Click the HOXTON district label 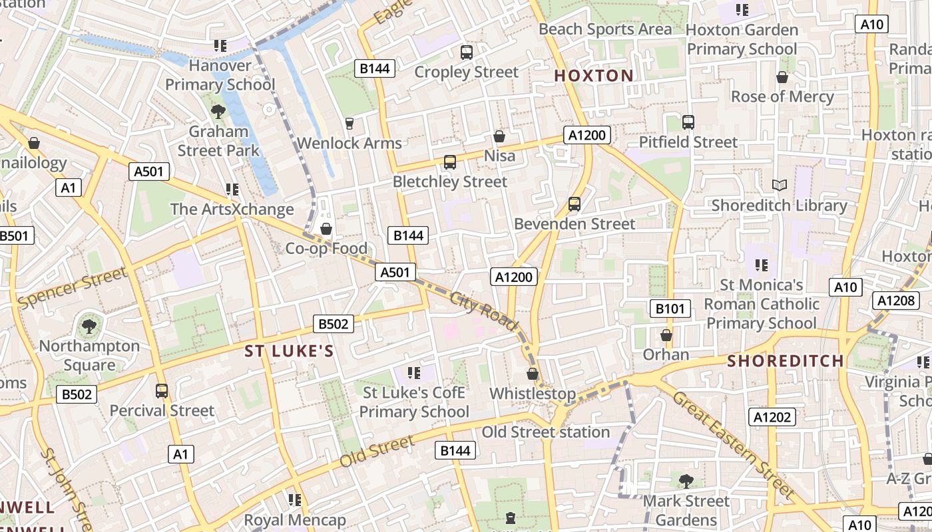coord(594,76)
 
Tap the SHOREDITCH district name coord(786,361)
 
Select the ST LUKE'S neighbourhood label coord(289,351)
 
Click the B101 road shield coord(670,308)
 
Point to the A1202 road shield coord(772,417)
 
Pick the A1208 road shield coord(896,301)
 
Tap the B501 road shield coord(15,235)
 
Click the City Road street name coord(484,310)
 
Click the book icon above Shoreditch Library coord(779,185)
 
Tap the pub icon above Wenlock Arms coord(349,123)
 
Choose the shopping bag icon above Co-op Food coord(326,229)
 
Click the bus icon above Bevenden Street coord(575,204)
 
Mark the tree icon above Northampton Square coord(89,327)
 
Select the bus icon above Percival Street coord(162,391)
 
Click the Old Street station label coord(545,432)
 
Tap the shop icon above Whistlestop coord(533,374)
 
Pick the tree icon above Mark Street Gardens coord(686,481)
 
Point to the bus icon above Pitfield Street coord(688,122)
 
